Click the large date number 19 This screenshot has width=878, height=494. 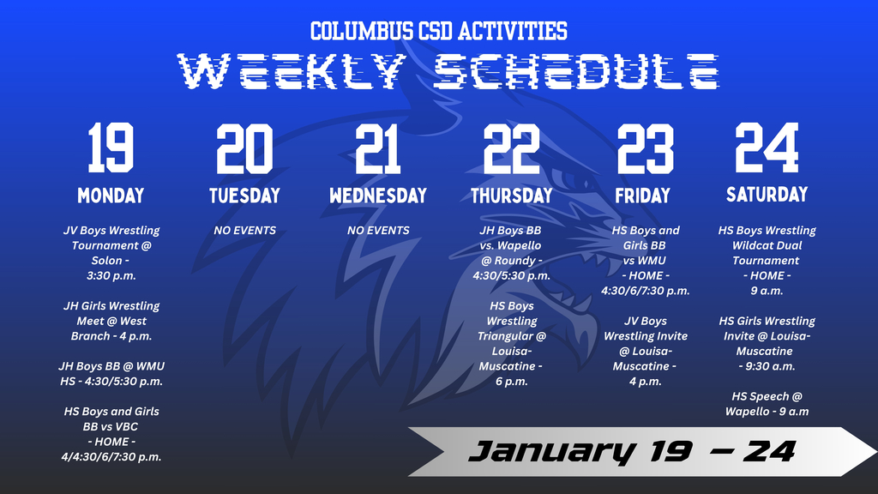click(x=111, y=148)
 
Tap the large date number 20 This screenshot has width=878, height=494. click(x=244, y=148)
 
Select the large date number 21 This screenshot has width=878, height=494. click(x=378, y=148)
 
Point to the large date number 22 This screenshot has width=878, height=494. click(x=511, y=148)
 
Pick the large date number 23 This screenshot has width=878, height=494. click(x=645, y=148)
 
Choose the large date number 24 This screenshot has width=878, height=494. click(x=767, y=148)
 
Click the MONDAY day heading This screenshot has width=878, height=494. click(x=111, y=196)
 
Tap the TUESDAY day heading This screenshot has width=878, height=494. click(x=244, y=196)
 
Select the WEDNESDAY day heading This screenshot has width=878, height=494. click(x=378, y=196)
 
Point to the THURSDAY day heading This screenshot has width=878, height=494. click(x=511, y=196)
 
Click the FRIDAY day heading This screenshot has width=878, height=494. click(x=642, y=196)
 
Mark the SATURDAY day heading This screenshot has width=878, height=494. click(x=767, y=194)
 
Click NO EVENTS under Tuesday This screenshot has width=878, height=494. click(x=244, y=230)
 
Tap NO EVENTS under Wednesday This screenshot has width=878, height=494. click(x=378, y=230)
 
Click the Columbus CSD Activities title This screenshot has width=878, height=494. click(x=438, y=32)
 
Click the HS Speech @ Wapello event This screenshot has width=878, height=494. click(x=767, y=403)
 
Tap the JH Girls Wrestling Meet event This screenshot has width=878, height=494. click(x=111, y=321)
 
